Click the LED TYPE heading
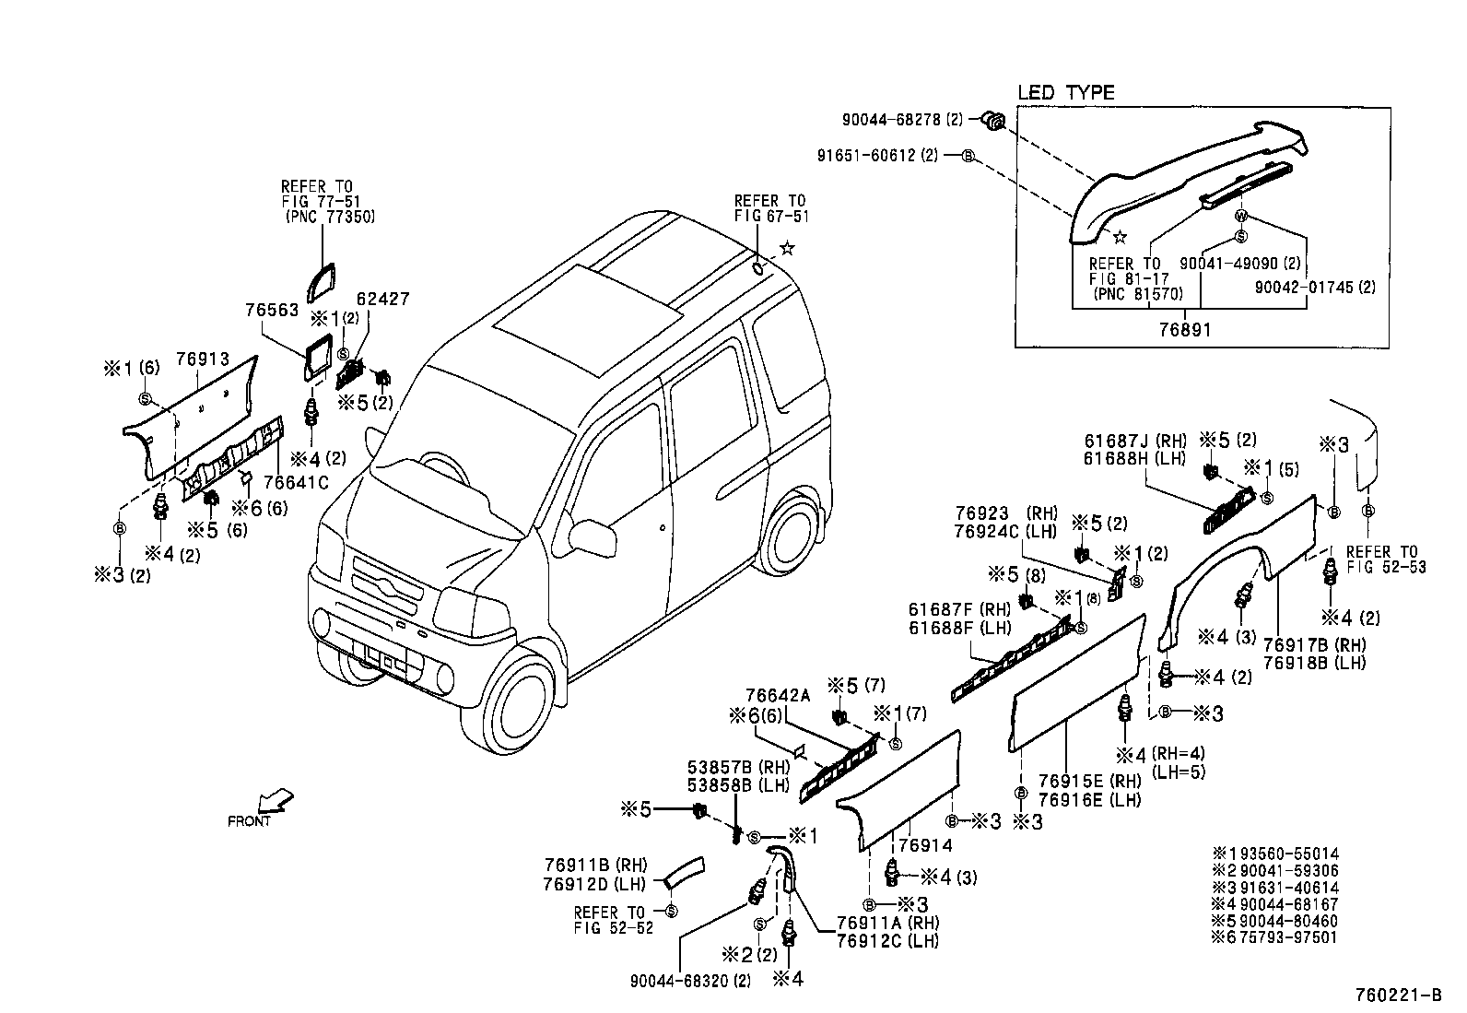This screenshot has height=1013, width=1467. click(1065, 92)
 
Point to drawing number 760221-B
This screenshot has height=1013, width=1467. click(1398, 995)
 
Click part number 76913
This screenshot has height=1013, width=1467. click(202, 359)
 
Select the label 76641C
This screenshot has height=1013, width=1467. click(295, 482)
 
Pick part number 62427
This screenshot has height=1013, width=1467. click(384, 300)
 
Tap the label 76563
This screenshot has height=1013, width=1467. click(272, 311)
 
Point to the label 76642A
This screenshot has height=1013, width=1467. click(777, 696)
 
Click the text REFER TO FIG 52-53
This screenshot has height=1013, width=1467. click(1385, 560)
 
